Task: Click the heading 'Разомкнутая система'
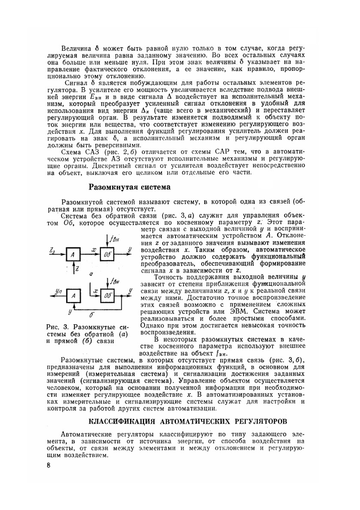tap(129, 187)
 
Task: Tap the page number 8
tap(49, 465)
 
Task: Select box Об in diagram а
tap(107, 254)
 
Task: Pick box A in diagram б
tap(73, 296)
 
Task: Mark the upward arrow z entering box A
tap(73, 267)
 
